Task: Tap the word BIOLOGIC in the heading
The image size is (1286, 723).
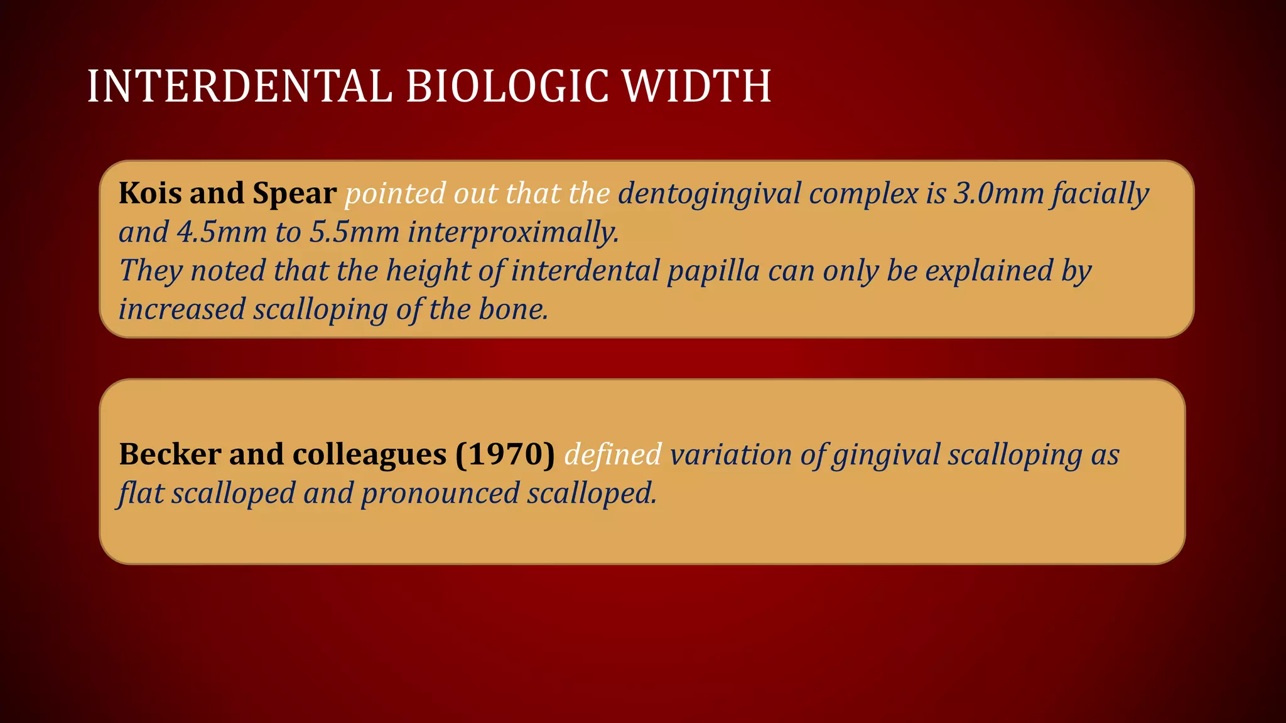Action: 507,86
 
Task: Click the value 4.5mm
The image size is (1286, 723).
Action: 222,232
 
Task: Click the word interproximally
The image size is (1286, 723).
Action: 513,233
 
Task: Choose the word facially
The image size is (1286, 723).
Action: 1101,194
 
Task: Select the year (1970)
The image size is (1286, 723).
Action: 505,454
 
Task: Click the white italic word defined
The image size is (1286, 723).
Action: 613,454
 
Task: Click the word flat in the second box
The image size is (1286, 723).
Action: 141,493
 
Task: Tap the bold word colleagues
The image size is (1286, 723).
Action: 369,455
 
